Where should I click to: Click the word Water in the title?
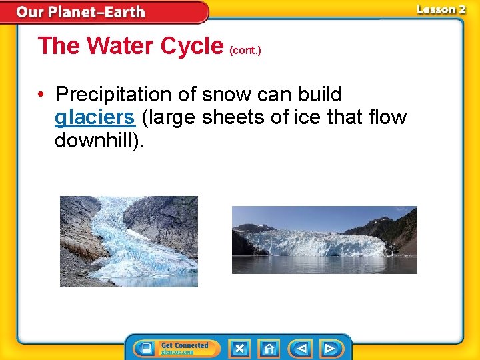click(121, 46)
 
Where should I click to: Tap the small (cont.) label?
click(245, 50)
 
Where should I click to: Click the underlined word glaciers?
click(95, 118)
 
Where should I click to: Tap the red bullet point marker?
click(42, 95)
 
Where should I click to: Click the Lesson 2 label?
click(441, 9)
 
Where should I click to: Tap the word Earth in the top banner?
click(123, 12)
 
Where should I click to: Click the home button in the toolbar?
click(269, 348)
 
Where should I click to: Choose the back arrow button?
click(301, 348)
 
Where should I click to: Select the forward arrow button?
click(329, 348)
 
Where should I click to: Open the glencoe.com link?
click(178, 352)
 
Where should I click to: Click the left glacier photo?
click(129, 241)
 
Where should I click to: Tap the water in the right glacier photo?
click(324, 265)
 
